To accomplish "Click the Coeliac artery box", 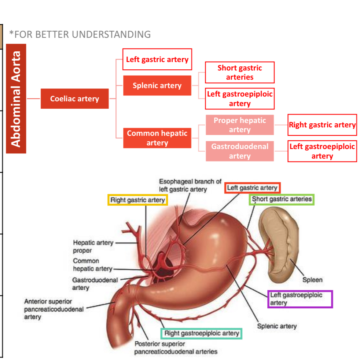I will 74,99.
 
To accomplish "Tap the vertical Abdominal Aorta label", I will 16,98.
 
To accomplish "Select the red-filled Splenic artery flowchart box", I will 157,86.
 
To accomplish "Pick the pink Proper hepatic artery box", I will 239,125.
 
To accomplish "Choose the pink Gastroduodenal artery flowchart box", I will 239,151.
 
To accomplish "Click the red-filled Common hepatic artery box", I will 157,138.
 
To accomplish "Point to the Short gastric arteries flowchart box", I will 239,73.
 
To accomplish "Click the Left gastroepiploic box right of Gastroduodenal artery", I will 322,151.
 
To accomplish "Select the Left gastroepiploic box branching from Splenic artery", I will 239,99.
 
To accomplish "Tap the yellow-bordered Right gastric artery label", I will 137,200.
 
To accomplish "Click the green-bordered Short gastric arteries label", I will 282,199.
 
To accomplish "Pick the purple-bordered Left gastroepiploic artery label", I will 300,299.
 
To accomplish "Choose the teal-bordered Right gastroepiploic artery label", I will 202,333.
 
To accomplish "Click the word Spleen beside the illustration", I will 312,280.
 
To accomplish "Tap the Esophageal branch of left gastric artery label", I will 190,185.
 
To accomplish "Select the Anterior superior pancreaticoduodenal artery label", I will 54,309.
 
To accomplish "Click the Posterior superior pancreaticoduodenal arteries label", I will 176,348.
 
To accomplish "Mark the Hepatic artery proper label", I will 93,247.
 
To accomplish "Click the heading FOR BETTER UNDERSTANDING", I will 80,35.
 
